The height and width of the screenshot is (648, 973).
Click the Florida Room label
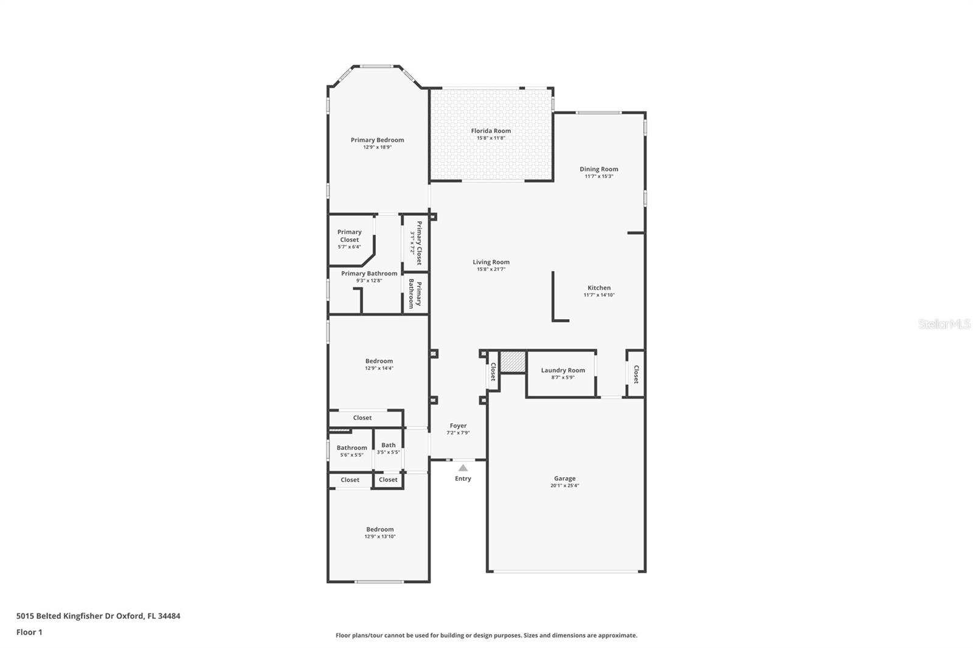[x=491, y=131]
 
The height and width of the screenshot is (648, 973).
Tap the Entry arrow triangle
[x=463, y=468]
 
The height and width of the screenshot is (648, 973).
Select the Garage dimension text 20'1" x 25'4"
[x=565, y=486]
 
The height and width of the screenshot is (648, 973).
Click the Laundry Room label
[x=563, y=370]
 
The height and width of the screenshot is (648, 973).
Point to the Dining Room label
[x=598, y=169]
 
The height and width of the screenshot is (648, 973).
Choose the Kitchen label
[x=599, y=288]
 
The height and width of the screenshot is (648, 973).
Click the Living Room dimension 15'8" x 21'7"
[x=491, y=269]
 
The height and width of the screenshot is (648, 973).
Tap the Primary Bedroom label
[x=377, y=140]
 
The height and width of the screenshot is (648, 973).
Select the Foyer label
[x=458, y=426]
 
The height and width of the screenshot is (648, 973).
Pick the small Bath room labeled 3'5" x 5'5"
[x=388, y=449]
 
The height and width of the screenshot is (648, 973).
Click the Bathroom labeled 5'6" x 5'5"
[x=351, y=451]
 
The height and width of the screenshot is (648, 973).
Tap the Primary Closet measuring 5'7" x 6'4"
[x=349, y=239]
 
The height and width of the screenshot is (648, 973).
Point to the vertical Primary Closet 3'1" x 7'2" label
[x=416, y=243]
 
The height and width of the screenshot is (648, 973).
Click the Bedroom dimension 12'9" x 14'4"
[x=379, y=368]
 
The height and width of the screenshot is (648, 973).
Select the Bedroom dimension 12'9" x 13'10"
[x=379, y=537]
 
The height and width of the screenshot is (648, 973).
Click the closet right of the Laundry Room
[x=635, y=374]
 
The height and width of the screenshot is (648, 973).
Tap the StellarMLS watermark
[x=944, y=325]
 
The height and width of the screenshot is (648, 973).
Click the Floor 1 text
[x=29, y=632]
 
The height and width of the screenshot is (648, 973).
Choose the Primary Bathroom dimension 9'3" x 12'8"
[x=369, y=281]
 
